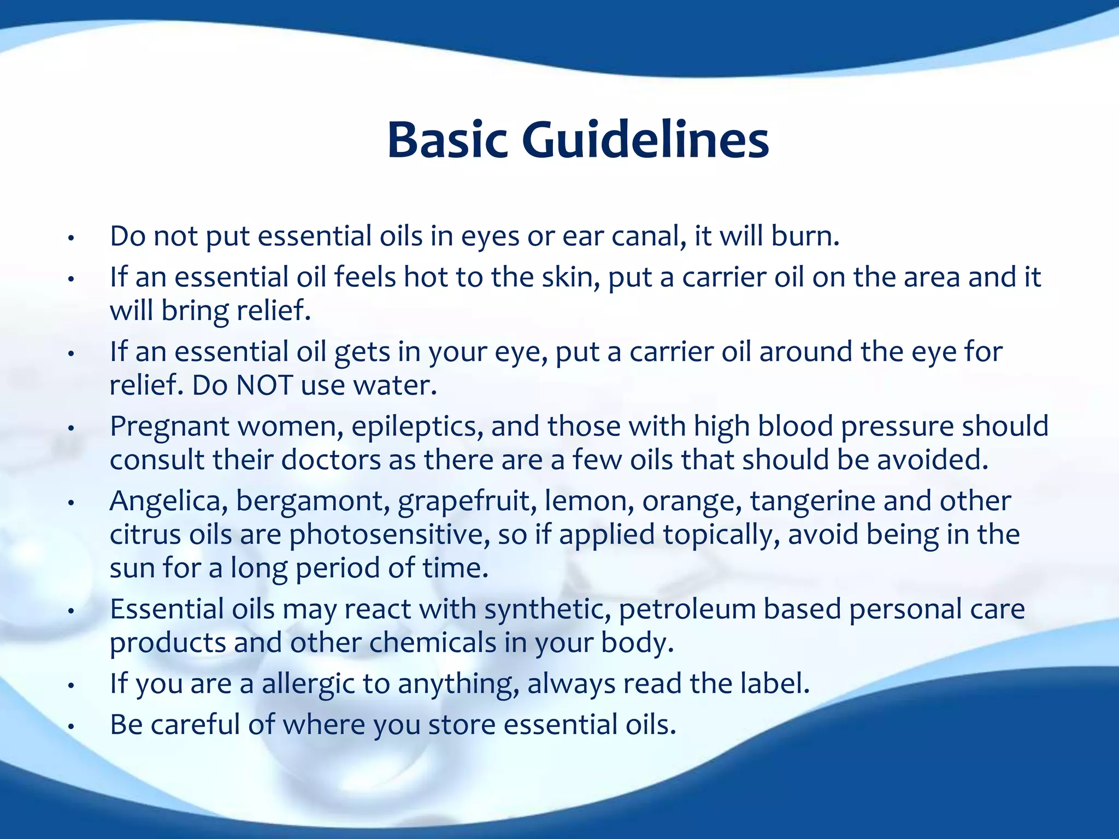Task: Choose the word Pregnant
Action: tap(169, 427)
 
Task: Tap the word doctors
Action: tap(331, 460)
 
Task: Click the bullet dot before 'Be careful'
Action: tap(70, 727)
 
